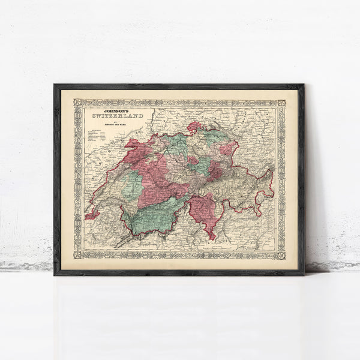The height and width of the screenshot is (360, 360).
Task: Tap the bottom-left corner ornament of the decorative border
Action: (x=77, y=256)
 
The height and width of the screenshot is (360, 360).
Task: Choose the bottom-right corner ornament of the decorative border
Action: (x=280, y=256)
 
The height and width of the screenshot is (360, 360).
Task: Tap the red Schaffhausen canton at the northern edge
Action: (x=193, y=127)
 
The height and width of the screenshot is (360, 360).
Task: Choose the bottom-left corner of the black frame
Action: (x=55, y=274)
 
